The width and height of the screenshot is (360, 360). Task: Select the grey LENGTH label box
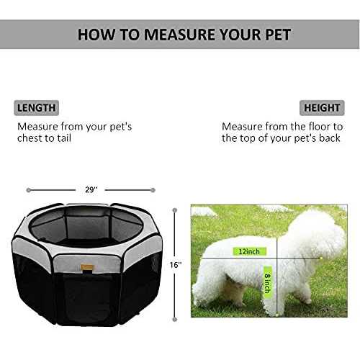tap(36, 108)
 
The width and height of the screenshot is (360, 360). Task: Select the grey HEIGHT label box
tap(322, 108)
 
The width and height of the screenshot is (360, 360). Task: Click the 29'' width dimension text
tap(90, 190)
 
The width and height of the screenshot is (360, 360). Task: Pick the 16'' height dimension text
tap(175, 264)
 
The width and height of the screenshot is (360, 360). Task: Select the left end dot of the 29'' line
tap(28, 190)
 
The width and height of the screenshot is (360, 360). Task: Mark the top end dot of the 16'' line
tap(175, 210)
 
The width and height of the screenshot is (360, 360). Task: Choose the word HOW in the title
tap(94, 34)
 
